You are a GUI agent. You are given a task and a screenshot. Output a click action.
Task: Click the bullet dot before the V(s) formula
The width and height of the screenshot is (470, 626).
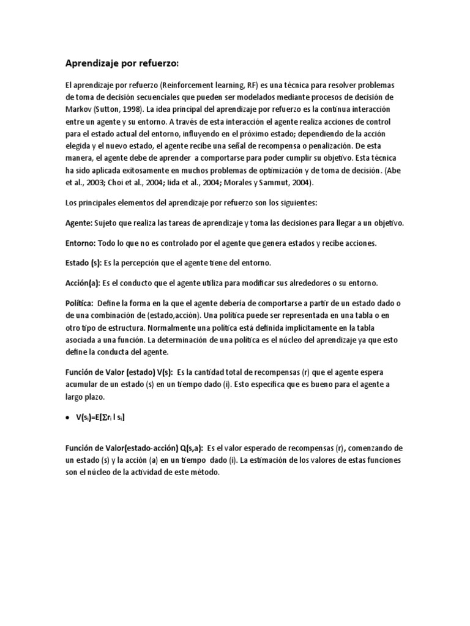pos(67,418)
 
